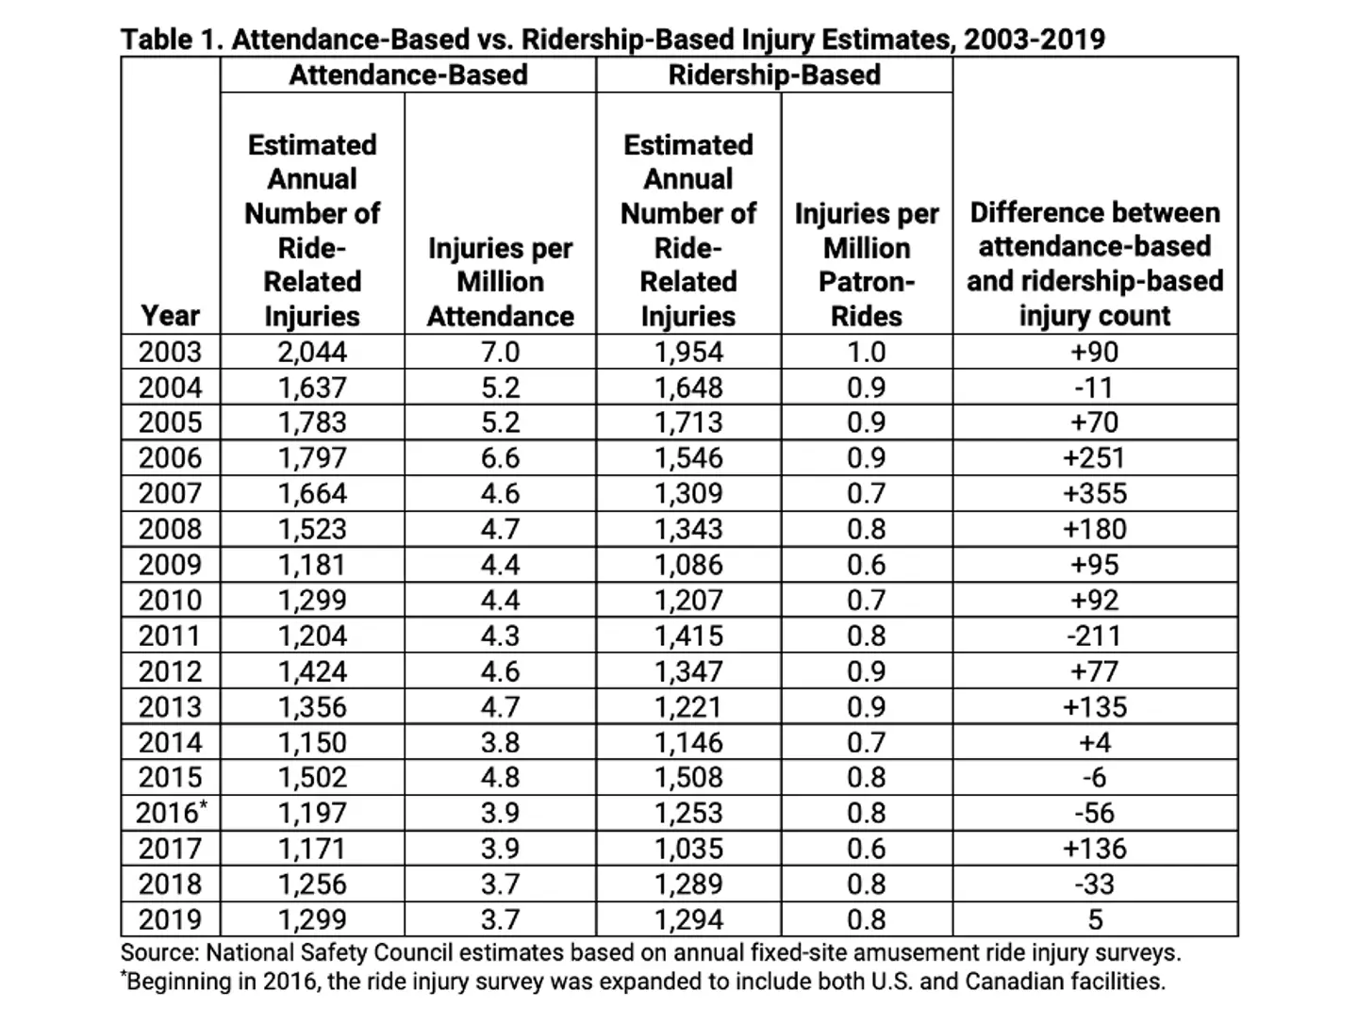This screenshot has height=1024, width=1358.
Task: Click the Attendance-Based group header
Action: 407,75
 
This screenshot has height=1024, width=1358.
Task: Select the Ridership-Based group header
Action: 773,75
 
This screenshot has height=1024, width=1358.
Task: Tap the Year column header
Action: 170,315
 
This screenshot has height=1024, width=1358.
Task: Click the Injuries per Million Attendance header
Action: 500,282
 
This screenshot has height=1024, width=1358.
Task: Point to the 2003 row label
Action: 170,352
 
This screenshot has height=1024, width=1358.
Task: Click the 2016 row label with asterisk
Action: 171,812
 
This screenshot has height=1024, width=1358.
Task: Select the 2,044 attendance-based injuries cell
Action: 312,352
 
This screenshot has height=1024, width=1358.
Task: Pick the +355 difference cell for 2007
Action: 1094,493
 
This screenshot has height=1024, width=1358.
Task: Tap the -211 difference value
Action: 1094,636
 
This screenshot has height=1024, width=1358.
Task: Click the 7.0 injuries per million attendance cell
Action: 500,352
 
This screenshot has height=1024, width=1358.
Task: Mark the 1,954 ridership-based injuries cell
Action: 688,352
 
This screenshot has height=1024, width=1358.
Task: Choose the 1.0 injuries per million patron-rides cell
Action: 866,352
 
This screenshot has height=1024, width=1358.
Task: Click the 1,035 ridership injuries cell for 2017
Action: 688,848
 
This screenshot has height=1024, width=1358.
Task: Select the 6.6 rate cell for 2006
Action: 500,458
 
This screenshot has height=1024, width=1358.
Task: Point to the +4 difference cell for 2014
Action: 1094,742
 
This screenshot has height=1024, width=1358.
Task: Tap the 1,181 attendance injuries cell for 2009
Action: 312,565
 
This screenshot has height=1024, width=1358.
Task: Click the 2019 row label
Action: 170,918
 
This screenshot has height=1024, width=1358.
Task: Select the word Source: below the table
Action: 159,952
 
